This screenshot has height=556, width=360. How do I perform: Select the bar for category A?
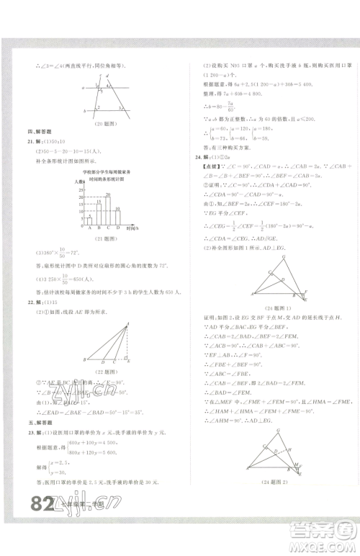[89, 221]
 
